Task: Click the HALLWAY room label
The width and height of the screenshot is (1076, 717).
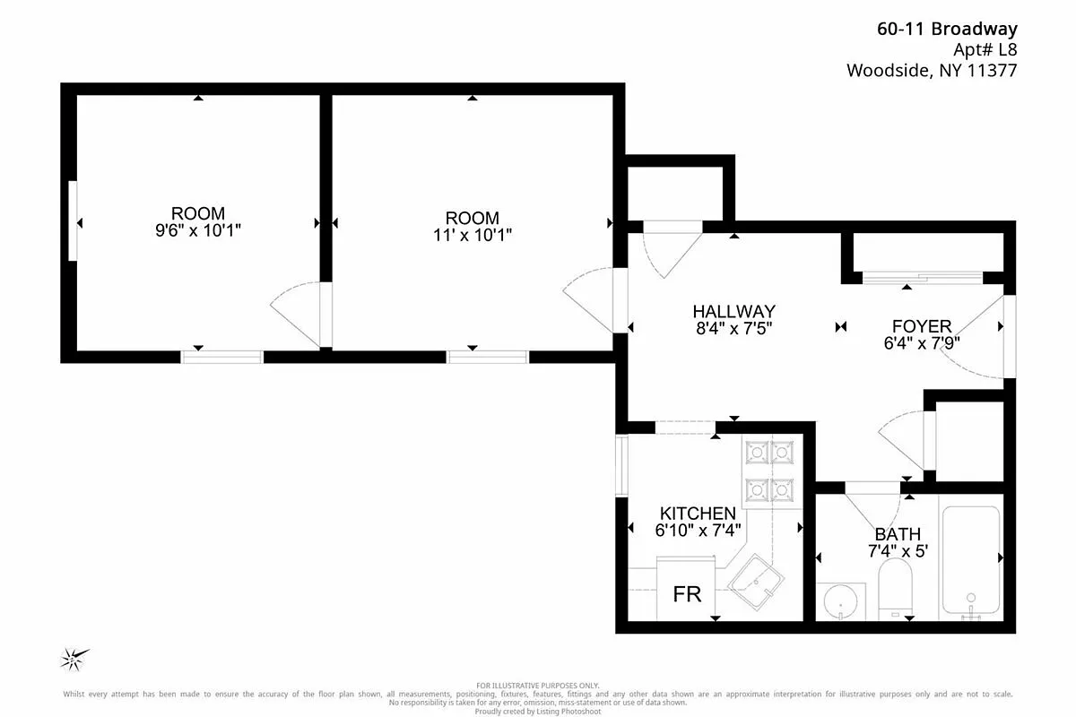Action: tap(733, 311)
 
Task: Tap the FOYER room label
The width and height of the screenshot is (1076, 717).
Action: tap(921, 326)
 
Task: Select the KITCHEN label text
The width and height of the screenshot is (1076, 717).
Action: tap(698, 514)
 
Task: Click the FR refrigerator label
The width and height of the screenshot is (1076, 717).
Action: tap(687, 594)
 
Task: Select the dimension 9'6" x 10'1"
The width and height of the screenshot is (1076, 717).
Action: tap(198, 230)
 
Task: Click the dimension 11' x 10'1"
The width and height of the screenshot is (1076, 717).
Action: tap(473, 234)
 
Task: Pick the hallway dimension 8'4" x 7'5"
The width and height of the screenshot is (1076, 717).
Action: tap(733, 328)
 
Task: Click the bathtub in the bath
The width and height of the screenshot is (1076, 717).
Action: tap(969, 560)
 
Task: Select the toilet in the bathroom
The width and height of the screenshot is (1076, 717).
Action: tap(895, 587)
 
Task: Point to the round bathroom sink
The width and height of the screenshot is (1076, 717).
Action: tap(841, 600)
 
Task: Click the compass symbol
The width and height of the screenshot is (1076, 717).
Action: tap(73, 659)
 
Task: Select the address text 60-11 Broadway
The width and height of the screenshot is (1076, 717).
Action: tap(947, 30)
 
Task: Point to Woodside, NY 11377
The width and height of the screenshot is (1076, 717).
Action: tap(932, 71)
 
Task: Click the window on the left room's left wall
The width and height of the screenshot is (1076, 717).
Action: tap(73, 221)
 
